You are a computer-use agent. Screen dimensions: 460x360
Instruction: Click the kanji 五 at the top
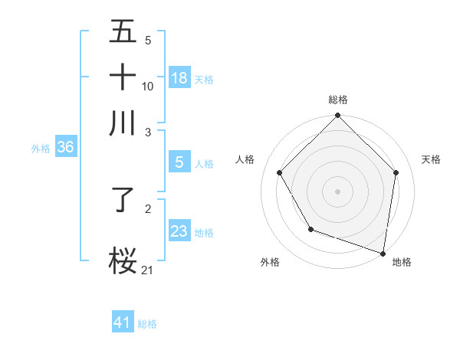point(123,32)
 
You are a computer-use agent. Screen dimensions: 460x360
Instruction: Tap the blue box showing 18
point(179,78)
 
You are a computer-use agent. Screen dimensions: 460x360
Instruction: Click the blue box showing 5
point(179,162)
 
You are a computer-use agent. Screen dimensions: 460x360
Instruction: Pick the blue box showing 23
point(179,232)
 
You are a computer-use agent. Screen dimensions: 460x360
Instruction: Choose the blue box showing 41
point(123,323)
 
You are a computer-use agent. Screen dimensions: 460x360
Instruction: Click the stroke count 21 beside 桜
point(148,269)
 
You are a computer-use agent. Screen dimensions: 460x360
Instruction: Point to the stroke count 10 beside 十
point(148,86)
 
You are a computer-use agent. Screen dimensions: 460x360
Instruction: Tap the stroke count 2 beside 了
point(148,208)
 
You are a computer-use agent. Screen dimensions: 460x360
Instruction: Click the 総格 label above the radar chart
point(338,100)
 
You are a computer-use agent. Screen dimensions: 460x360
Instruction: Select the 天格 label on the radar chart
point(431,160)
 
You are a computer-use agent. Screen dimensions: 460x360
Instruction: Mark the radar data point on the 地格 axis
point(383,253)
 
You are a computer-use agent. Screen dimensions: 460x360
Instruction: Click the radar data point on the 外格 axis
point(310,229)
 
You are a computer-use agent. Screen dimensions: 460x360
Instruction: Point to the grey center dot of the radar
point(338,191)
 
